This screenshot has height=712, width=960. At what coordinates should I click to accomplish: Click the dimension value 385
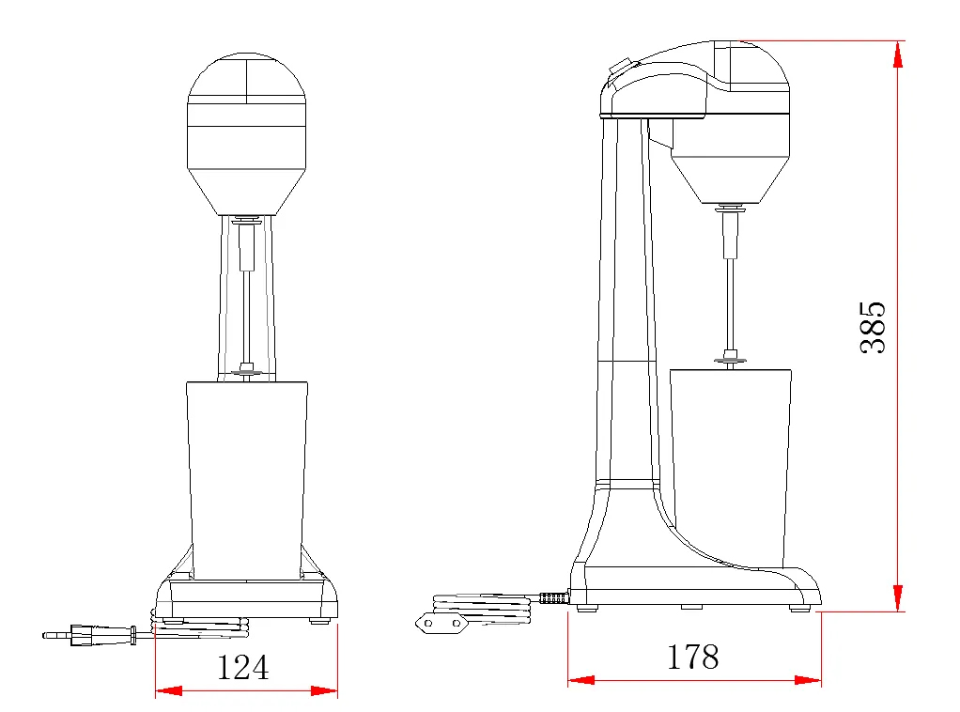(x=874, y=327)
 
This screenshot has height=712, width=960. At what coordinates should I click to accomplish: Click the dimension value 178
(x=692, y=657)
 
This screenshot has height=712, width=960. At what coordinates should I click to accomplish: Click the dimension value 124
(x=242, y=667)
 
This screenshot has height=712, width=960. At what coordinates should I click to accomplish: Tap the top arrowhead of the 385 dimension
(x=898, y=54)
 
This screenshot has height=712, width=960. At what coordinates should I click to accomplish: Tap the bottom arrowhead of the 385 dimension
(x=898, y=597)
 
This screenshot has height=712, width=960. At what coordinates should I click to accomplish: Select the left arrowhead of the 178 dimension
(x=581, y=679)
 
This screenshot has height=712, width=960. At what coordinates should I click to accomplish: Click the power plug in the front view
(x=89, y=636)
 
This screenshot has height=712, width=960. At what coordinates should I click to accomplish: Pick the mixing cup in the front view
(x=247, y=479)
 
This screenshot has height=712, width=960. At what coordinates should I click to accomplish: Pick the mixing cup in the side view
(x=730, y=465)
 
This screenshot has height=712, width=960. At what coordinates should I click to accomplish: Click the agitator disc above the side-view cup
(x=730, y=357)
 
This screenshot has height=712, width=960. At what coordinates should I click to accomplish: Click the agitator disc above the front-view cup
(x=247, y=372)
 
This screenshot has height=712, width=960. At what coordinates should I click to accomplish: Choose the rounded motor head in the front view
(x=247, y=132)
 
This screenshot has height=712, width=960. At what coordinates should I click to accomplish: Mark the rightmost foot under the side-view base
(x=799, y=608)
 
